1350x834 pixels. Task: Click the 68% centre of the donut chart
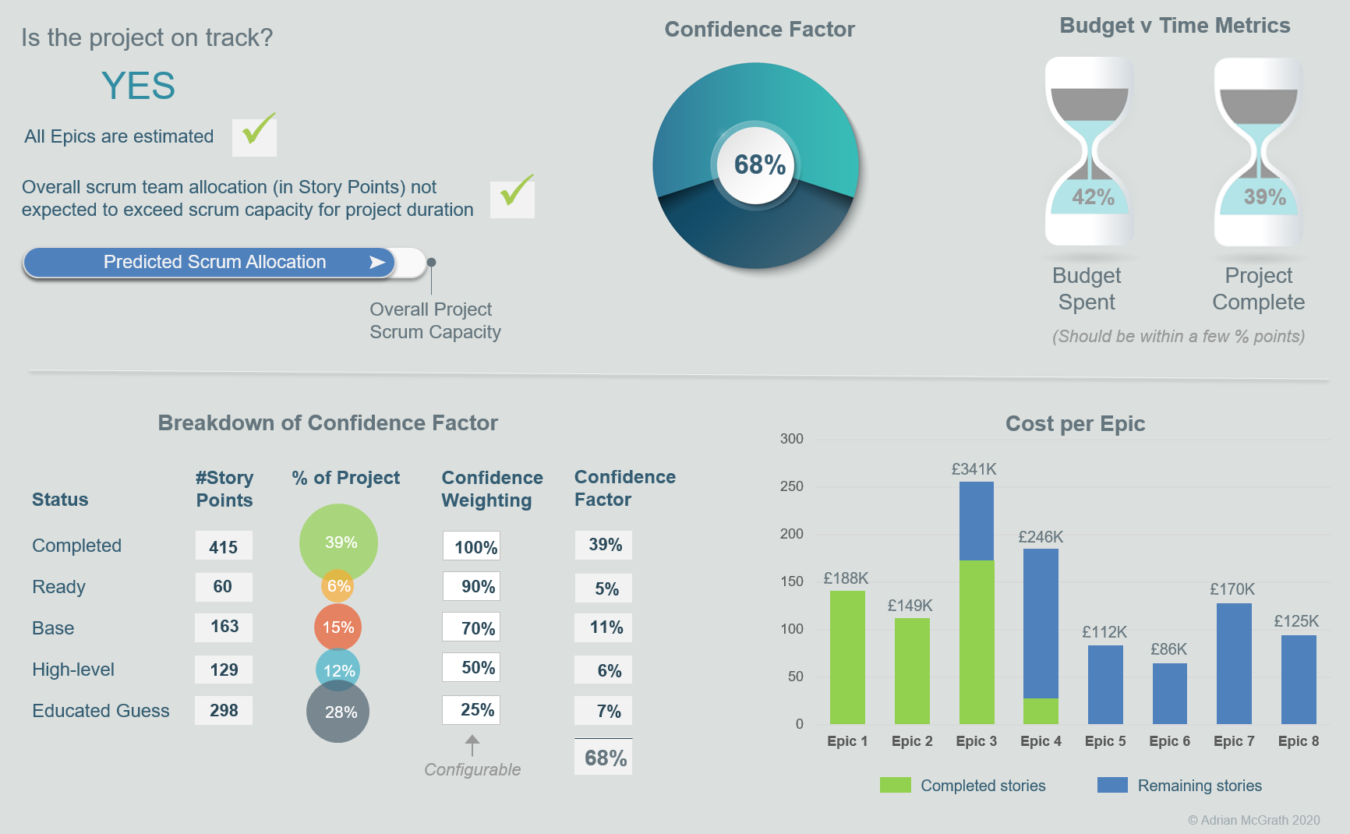pyautogui.click(x=759, y=165)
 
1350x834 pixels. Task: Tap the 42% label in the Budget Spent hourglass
pyautogui.click(x=1093, y=196)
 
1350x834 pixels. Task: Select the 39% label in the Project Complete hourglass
pyautogui.click(x=1264, y=196)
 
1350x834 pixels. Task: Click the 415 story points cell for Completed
pyautogui.click(x=224, y=546)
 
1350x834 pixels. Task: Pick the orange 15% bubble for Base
pyautogui.click(x=337, y=627)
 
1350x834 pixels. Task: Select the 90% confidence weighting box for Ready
pyautogui.click(x=472, y=586)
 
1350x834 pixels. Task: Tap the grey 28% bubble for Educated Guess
pyautogui.click(x=338, y=712)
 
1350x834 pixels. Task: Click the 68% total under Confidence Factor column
pyautogui.click(x=604, y=758)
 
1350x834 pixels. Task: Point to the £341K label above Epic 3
pyautogui.click(x=974, y=469)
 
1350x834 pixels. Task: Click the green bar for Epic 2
pyautogui.click(x=912, y=670)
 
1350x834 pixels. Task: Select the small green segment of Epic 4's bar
pyautogui.click(x=1041, y=711)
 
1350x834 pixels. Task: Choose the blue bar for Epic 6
pyautogui.click(x=1169, y=694)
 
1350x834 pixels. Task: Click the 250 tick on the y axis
pyautogui.click(x=791, y=486)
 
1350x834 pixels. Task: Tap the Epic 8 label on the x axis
pyautogui.click(x=1298, y=741)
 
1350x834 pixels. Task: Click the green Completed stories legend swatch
pyautogui.click(x=895, y=785)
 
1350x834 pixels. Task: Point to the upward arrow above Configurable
pyautogui.click(x=472, y=744)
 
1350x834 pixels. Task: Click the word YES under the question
pyautogui.click(x=138, y=86)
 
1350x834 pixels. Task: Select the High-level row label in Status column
pyautogui.click(x=73, y=670)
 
